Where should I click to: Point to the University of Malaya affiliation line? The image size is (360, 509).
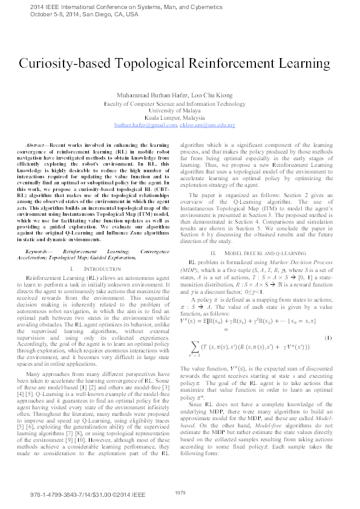click(180, 111)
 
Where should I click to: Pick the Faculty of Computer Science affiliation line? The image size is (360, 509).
click(180, 103)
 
